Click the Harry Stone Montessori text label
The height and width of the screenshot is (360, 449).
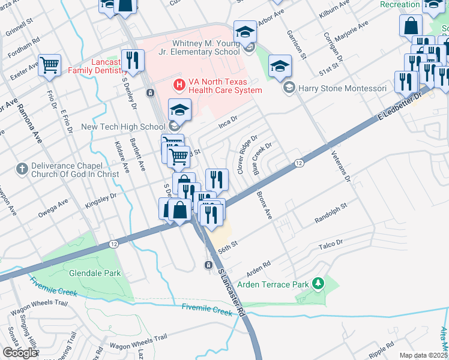click(343, 88)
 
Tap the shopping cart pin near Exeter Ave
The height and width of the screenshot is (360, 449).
click(50, 65)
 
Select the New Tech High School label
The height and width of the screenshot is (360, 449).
click(123, 127)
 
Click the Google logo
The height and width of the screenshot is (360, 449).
click(20, 352)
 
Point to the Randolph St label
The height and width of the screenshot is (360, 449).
click(331, 214)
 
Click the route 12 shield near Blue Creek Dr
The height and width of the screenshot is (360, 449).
click(298, 163)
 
